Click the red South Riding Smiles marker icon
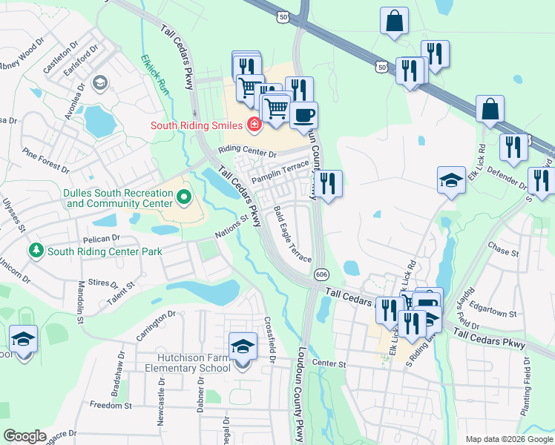254,124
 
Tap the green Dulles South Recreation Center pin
185,198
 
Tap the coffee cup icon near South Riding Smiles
303,115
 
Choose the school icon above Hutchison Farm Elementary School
243,346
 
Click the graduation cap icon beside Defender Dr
451,181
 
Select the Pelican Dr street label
103,239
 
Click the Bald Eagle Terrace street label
292,234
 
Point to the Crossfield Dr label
270,340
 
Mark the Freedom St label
111,406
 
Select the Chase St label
503,251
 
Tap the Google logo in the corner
24,436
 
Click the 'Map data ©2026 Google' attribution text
509,439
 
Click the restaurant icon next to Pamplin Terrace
327,183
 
